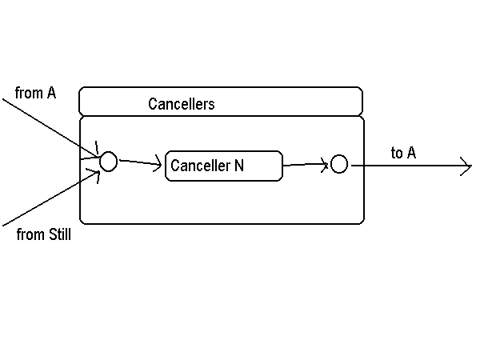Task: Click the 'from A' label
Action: [x=36, y=94]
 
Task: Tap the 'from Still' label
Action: [x=44, y=235]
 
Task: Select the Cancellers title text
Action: [x=182, y=104]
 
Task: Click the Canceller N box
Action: [x=224, y=166]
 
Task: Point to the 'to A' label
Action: [x=403, y=153]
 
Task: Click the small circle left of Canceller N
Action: [x=108, y=162]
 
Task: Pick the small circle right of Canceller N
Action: [x=339, y=165]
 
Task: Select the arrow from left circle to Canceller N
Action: [x=141, y=164]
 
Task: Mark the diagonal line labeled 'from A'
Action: [x=48, y=124]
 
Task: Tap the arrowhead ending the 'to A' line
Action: [x=466, y=166]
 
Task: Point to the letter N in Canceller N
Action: [x=238, y=166]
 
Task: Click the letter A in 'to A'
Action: [x=411, y=153]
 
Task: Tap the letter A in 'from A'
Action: [x=51, y=94]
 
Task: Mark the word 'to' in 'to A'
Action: [x=397, y=153]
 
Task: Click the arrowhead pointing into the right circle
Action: [x=326, y=166]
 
